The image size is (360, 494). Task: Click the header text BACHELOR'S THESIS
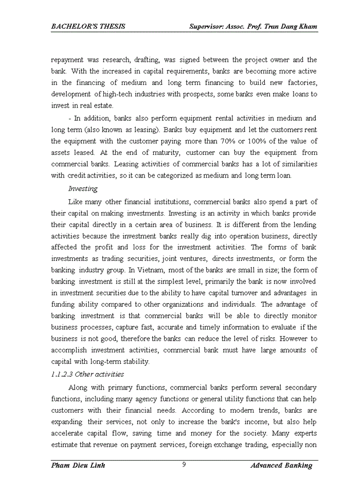88,26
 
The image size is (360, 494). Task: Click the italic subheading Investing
83,189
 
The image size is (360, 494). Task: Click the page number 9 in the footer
184,465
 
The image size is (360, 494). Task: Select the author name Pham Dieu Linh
78,466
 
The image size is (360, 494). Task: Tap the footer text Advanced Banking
281,466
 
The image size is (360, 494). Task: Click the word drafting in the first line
150,60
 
